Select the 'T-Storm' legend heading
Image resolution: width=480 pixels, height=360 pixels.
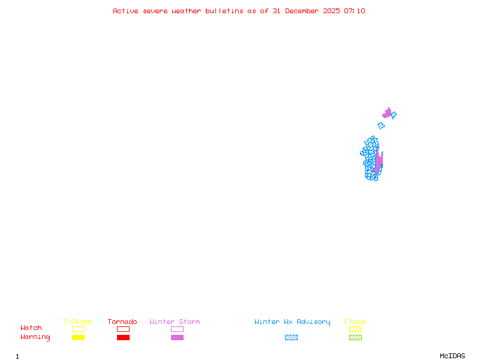[x=77, y=322]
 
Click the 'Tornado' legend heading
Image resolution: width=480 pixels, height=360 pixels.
[x=122, y=322]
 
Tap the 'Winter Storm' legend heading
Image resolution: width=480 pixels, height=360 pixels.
[x=175, y=322]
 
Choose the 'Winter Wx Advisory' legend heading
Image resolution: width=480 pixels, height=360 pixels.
[x=292, y=322]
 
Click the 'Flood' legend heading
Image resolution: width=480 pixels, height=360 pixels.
[x=355, y=322]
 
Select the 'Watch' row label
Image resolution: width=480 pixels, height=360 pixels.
[x=31, y=328]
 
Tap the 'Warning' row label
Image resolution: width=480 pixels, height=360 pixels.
[x=35, y=337]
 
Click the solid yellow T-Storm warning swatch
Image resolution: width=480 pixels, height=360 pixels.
[x=78, y=337]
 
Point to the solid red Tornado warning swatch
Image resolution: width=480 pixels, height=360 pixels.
[x=123, y=337]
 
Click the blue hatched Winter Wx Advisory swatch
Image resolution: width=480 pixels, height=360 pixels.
[x=291, y=337]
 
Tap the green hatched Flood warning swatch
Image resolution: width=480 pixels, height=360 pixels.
[x=355, y=337]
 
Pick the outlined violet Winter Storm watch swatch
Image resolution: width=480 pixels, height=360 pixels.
[x=177, y=329]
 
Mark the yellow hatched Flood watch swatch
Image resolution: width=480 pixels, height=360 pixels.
[x=355, y=329]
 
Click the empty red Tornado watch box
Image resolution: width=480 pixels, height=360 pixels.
[x=123, y=329]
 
